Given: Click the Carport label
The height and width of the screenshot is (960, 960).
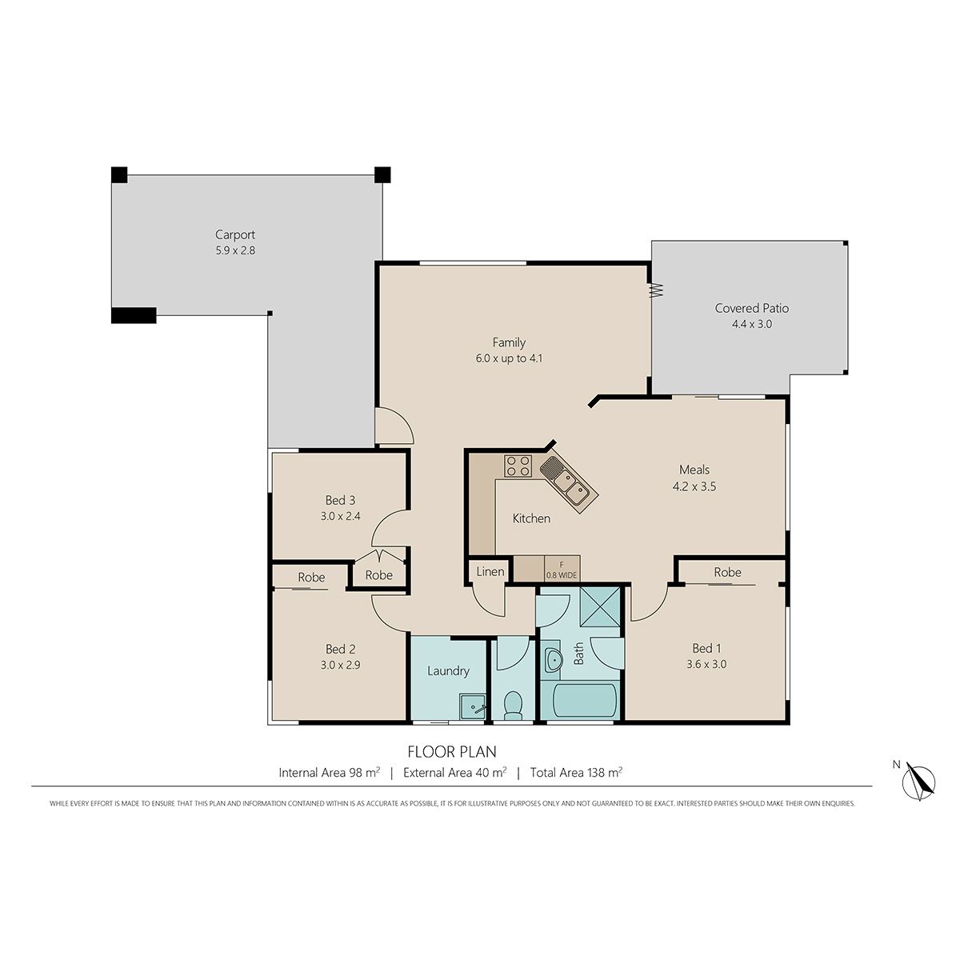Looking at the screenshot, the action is pyautogui.click(x=234, y=234).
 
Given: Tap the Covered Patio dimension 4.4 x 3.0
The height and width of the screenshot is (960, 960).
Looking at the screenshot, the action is pyautogui.click(x=751, y=324).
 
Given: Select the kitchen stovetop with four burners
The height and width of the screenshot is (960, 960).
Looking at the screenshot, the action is pyautogui.click(x=518, y=466).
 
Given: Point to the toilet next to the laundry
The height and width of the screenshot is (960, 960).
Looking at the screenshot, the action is pyautogui.click(x=513, y=706).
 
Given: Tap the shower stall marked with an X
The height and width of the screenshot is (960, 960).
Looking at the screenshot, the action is pyautogui.click(x=600, y=606).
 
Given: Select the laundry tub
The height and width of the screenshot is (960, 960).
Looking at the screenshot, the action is pyautogui.click(x=472, y=707).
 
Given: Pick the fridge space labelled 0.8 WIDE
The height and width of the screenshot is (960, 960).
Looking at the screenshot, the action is pyautogui.click(x=562, y=568).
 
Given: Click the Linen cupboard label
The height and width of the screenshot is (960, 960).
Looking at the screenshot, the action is pyautogui.click(x=490, y=571).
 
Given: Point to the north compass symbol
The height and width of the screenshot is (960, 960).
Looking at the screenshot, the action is pyautogui.click(x=918, y=781).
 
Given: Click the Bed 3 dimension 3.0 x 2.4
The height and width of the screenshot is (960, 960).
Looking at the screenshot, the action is pyautogui.click(x=340, y=517).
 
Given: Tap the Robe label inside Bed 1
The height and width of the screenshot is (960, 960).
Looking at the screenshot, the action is pyautogui.click(x=727, y=572).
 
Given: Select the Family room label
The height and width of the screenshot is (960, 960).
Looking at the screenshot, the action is pyautogui.click(x=509, y=342).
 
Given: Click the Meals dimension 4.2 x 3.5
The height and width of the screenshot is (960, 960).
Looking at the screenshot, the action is pyautogui.click(x=694, y=486).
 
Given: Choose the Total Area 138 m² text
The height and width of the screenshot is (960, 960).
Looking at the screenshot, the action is pyautogui.click(x=576, y=772).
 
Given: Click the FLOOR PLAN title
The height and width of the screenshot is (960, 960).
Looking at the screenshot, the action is pyautogui.click(x=452, y=751).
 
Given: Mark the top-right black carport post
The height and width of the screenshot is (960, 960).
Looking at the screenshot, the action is pyautogui.click(x=382, y=175).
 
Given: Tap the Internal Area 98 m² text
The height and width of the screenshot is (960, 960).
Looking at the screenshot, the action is pyautogui.click(x=330, y=772).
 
